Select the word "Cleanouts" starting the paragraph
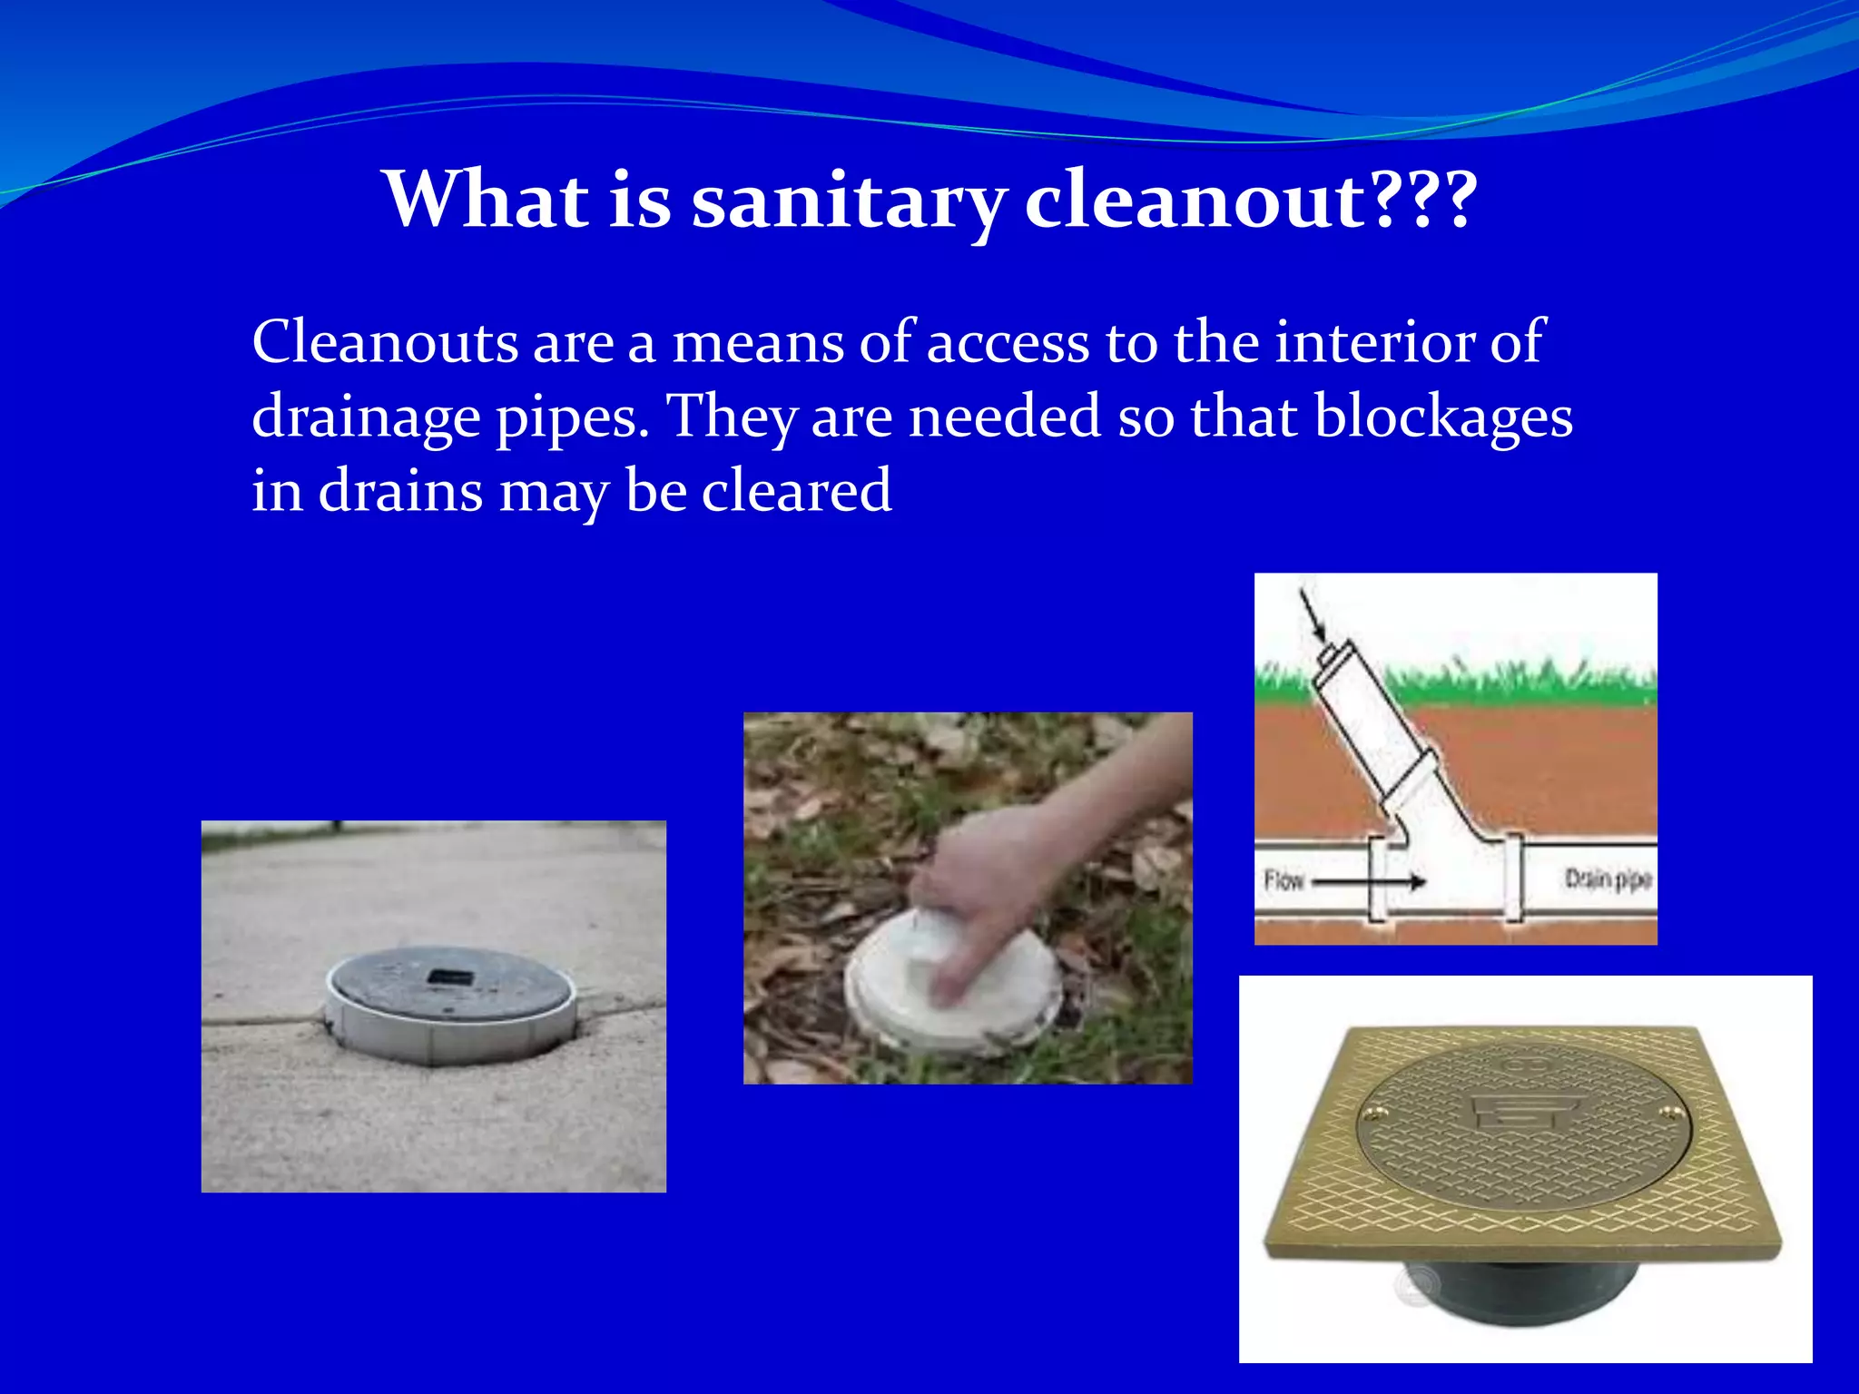click(385, 342)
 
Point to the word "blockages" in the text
click(1443, 417)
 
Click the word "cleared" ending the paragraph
click(796, 491)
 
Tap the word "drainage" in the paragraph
click(366, 418)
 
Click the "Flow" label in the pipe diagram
click(1284, 880)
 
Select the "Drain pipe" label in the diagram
click(1608, 879)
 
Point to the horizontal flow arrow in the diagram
click(1371, 880)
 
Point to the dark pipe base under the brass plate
click(1525, 1289)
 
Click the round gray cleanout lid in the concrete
click(451, 998)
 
